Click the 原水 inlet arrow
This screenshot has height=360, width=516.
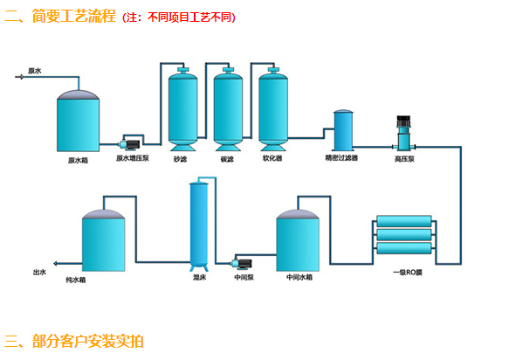point(20,77)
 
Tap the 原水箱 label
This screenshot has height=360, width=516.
point(78,161)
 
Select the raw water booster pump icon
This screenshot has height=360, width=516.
point(130,144)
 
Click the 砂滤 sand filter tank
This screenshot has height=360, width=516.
point(182,109)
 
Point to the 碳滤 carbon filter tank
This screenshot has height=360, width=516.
point(228,109)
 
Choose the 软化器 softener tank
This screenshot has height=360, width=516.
point(273,109)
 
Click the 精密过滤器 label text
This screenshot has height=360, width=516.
point(341,158)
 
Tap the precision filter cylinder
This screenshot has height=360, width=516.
point(343,130)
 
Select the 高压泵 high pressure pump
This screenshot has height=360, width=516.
point(403,133)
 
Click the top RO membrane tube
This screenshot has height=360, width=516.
point(404,221)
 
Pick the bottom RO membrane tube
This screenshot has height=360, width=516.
point(404,248)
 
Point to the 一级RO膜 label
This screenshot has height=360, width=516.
point(408,273)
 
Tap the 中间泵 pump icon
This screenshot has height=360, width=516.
point(242,263)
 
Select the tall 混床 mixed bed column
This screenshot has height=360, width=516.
point(199,224)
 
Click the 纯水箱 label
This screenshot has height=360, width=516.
point(76,280)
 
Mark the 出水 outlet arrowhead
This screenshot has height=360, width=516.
point(55,264)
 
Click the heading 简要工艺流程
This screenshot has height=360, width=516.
point(73,16)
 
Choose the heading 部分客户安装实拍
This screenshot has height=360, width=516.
point(87,341)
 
